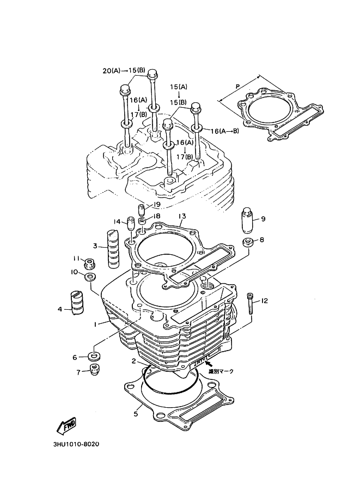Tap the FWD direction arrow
[x=66, y=425]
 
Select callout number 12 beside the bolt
[x=265, y=301]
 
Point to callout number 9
[x=263, y=219]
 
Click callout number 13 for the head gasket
[x=182, y=216]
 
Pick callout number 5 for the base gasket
[x=136, y=413]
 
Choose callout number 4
[x=60, y=310]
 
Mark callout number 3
[x=95, y=246]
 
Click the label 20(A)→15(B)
[x=124, y=70]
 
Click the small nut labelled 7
[x=95, y=371]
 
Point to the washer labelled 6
[x=95, y=357]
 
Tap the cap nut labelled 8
[x=247, y=242]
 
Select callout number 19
[x=157, y=204]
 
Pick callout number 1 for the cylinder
[x=95, y=324]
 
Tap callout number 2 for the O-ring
[x=133, y=361]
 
